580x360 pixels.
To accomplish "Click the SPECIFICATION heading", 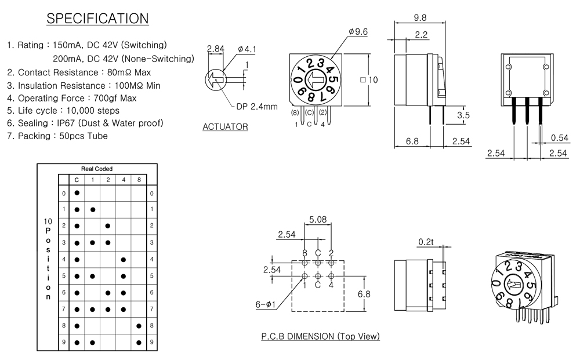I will point(97,19).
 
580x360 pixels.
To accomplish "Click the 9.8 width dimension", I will point(420,17).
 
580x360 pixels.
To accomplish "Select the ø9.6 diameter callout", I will point(358,31).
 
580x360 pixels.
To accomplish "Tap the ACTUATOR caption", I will point(225,127).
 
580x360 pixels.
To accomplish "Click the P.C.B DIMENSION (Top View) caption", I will point(320,336).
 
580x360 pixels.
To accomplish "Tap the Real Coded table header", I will point(97,169).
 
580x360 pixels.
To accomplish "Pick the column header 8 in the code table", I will point(138,180).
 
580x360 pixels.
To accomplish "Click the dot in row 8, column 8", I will point(138,326).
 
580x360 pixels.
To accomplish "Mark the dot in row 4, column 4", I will point(123,260).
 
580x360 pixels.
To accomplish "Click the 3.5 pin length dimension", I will point(463,115).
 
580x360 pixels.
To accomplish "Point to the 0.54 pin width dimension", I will point(560,137).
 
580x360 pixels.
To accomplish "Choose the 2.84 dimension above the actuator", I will point(215,49).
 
